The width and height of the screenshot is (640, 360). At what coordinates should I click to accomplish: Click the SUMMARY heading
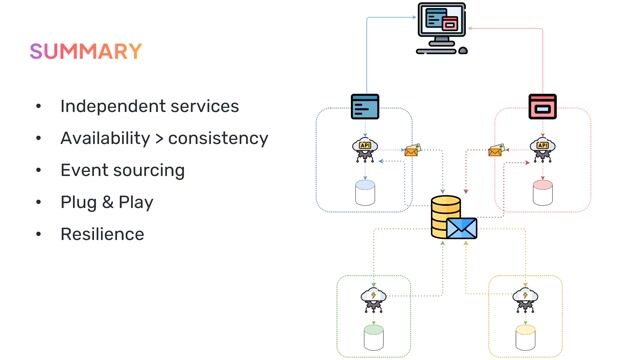(85, 51)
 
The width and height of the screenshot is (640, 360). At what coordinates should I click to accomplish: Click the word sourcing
(152, 170)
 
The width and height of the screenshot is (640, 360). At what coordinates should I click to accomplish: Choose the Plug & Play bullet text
(107, 202)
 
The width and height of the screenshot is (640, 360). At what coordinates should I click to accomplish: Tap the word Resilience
(102, 234)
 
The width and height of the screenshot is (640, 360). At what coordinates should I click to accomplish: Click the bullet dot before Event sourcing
(38, 170)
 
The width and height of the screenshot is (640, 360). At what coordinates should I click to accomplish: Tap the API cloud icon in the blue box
(365, 148)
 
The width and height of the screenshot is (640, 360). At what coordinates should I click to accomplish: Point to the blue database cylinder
(366, 192)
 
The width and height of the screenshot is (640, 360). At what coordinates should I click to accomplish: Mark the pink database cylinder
(543, 192)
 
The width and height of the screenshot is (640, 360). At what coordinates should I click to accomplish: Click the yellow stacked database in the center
(445, 217)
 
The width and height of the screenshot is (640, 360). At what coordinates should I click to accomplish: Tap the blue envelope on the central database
(462, 229)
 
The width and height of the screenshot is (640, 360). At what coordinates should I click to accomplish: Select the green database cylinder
(373, 337)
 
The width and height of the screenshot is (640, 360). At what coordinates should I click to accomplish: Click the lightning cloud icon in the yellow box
(525, 296)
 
